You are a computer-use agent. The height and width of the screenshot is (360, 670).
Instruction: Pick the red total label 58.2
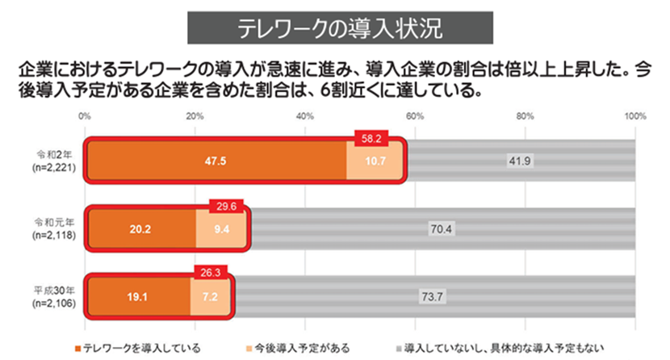point(371,138)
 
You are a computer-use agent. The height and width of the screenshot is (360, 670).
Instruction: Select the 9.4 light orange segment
point(221,228)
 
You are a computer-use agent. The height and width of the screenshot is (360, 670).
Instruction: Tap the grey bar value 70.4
point(439,228)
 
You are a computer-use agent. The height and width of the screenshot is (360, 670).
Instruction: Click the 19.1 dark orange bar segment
point(138,295)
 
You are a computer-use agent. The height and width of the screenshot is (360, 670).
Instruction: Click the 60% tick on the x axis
point(415,116)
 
